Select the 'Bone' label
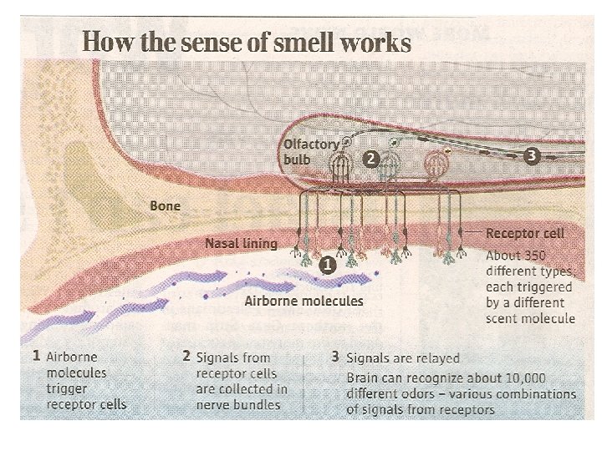165,205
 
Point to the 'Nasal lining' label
241,244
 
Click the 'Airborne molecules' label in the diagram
304,301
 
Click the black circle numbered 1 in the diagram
328,265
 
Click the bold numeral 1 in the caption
36,355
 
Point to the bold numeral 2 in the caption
186,355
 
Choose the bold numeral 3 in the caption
334,357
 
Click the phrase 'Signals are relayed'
403,357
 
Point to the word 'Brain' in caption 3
365,378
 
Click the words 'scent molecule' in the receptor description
530,318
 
